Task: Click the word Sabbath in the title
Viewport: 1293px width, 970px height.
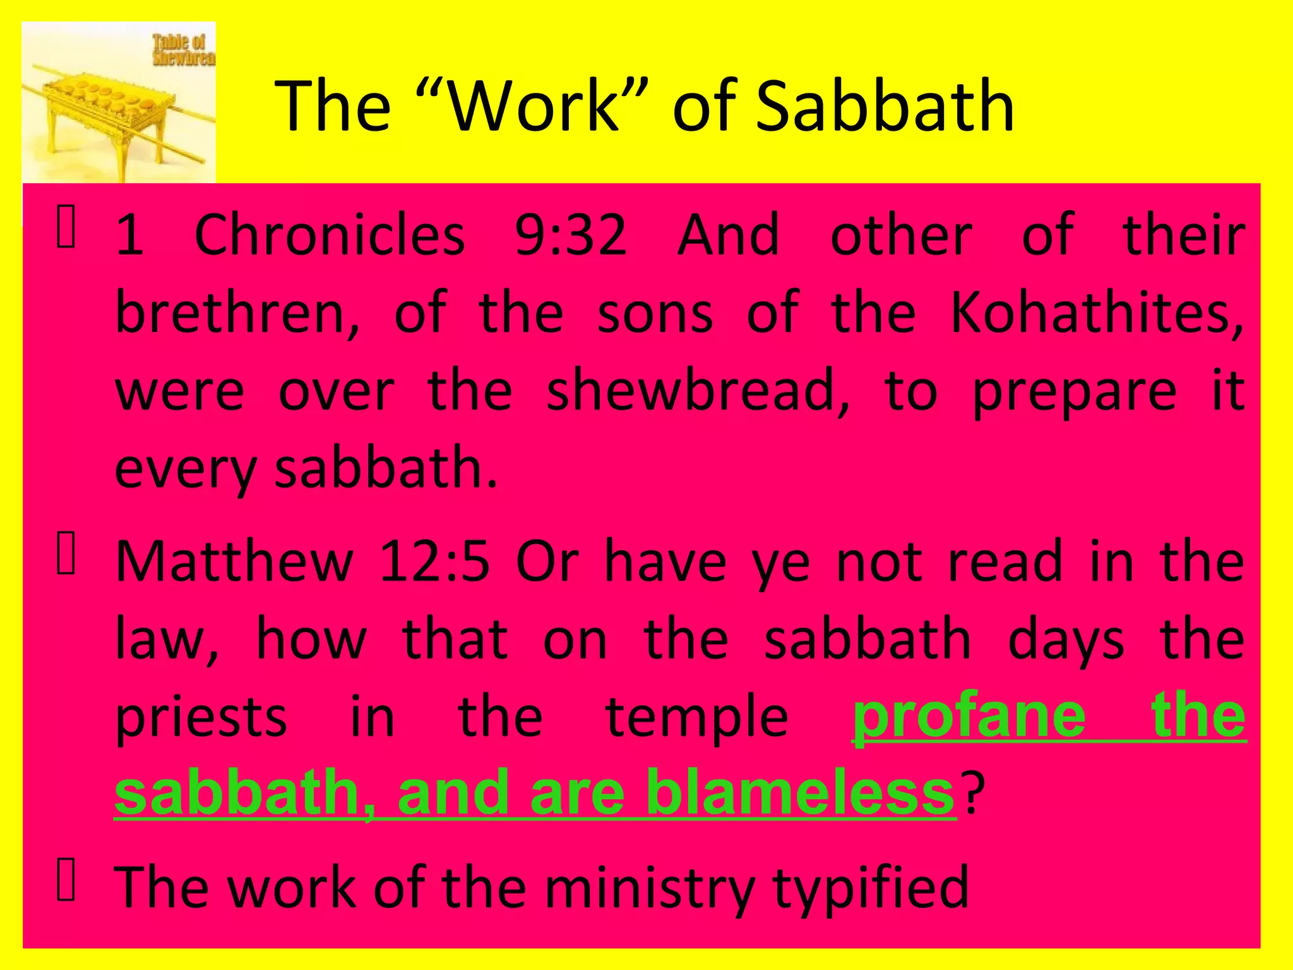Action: pyautogui.click(x=885, y=105)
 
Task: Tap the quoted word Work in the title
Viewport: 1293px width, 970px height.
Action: pyautogui.click(x=535, y=105)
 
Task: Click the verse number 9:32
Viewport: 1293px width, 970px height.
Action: pyautogui.click(x=571, y=236)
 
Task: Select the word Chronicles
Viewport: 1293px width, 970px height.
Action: pyautogui.click(x=330, y=236)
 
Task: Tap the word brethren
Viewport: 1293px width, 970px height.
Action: pyautogui.click(x=238, y=314)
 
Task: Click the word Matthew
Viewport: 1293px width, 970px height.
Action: pyautogui.click(x=234, y=561)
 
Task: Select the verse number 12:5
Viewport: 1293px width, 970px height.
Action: pyautogui.click(x=434, y=561)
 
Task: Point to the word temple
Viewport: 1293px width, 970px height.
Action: pyautogui.click(x=697, y=718)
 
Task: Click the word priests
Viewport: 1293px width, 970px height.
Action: pyautogui.click(x=201, y=718)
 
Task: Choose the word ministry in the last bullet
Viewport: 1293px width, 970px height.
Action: pyautogui.click(x=649, y=887)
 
